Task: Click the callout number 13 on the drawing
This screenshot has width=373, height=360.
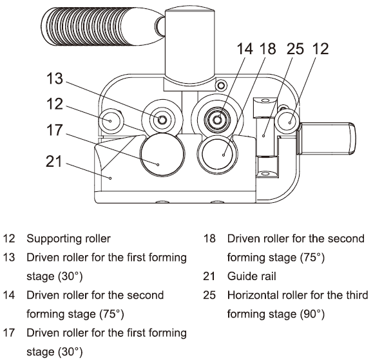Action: pos(55,79)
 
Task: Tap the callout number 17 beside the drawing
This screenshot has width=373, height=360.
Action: pos(55,130)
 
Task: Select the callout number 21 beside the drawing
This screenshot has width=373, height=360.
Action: pos(53,161)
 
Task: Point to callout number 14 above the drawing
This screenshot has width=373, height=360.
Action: pos(245,49)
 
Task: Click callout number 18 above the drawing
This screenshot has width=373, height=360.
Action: pos(268,49)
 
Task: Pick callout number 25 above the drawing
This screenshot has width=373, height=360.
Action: pos(295,49)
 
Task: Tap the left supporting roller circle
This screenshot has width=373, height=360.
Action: pos(111,121)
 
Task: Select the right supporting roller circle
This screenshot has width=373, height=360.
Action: pos(288,121)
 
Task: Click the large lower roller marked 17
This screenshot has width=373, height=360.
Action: pos(162,155)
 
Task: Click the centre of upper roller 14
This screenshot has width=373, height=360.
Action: pos(216,120)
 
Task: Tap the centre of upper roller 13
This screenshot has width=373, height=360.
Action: pos(162,120)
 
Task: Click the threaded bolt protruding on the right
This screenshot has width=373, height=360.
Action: pos(327,138)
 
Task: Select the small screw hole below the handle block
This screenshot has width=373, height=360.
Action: pos(221,85)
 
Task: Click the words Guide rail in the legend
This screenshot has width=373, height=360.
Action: pos(251,276)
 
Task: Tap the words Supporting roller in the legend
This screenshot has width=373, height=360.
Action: pos(68,239)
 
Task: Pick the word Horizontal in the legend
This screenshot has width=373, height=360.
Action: pos(253,295)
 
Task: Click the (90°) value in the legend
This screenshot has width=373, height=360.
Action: pos(312,314)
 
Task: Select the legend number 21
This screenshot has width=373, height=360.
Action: pos(209,276)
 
